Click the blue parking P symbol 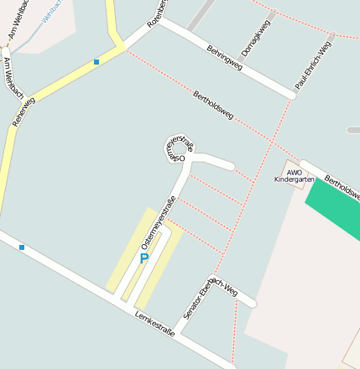pyautogui.click(x=143, y=258)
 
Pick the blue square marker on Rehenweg pyautogui.click(x=97, y=62)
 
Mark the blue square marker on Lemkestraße pyautogui.click(x=22, y=247)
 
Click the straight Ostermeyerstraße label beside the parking pyautogui.click(x=158, y=221)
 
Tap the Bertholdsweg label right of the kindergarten pyautogui.click(x=342, y=187)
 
